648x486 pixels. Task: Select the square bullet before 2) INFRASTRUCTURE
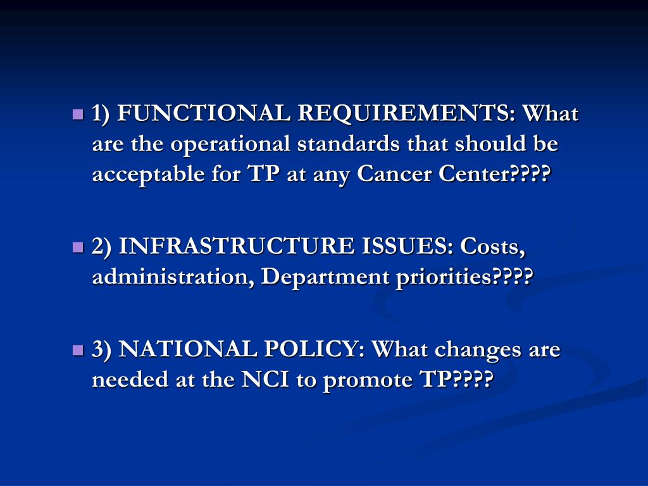(78, 246)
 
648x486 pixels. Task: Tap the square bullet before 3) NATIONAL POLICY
(78, 349)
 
